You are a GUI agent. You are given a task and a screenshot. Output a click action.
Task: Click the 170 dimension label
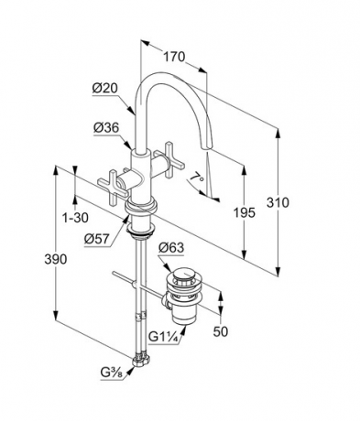174,57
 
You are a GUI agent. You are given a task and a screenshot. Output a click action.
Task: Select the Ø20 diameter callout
105,88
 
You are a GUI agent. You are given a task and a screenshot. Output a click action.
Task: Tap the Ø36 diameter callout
106,128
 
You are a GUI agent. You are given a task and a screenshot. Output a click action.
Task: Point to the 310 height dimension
278,202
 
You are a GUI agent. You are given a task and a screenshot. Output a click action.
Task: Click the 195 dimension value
245,212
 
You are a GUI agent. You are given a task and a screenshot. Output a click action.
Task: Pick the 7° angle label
196,178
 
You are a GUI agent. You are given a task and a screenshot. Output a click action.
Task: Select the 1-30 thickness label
75,218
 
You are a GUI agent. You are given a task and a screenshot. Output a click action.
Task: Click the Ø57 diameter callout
97,239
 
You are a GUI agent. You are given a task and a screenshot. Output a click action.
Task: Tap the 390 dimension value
55,259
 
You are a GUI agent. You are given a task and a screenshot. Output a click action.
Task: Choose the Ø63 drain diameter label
171,247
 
